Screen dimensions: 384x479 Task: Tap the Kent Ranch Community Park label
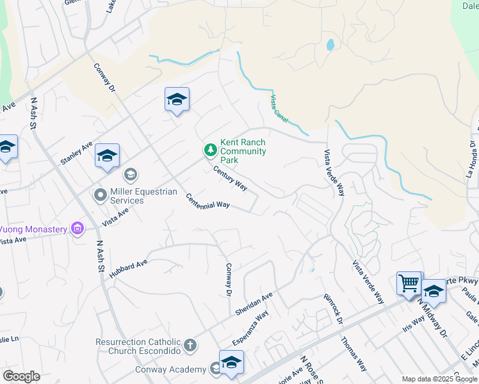click(x=243, y=151)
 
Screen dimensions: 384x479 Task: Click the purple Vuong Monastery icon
click(x=78, y=228)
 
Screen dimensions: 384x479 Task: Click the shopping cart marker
click(x=408, y=282)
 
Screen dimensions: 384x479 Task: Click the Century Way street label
click(x=231, y=179)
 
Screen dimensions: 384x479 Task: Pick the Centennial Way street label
click(x=207, y=200)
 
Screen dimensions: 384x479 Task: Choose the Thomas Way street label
click(x=354, y=355)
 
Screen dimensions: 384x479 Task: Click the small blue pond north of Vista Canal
click(x=330, y=45)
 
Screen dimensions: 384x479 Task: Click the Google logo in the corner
click(x=21, y=376)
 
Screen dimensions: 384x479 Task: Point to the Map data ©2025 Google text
click(x=439, y=379)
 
